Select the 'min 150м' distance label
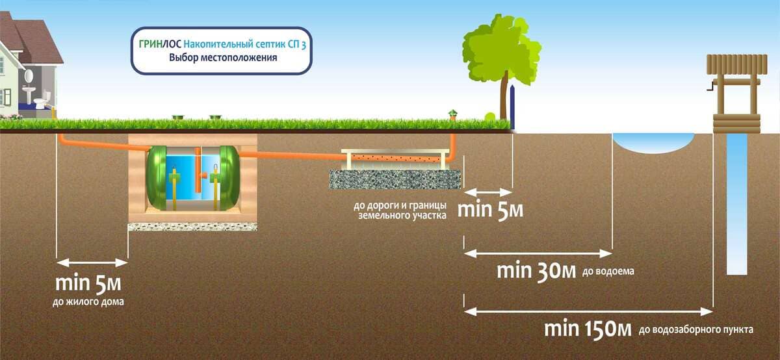tap(588, 328)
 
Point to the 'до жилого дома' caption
tap(88, 302)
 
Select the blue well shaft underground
tap(736, 201)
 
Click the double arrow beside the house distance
tap(91, 263)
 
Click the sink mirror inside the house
tap(29, 75)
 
